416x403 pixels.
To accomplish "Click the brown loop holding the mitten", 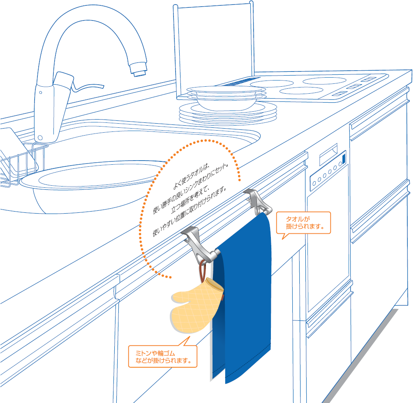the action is click(202, 270).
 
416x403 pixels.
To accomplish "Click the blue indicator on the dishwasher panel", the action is click(344, 159).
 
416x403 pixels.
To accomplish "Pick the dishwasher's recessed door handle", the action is click(328, 154).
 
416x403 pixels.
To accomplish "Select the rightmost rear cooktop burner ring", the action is click(324, 81).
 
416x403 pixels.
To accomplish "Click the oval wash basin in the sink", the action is click(93, 186).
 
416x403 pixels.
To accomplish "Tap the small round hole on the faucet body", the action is click(41, 92).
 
